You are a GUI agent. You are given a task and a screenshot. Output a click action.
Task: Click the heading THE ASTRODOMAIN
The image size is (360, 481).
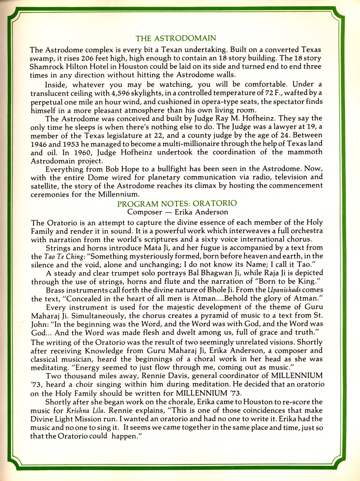click(x=176, y=38)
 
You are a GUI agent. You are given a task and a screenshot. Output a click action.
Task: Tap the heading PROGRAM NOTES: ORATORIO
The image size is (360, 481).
click(x=177, y=204)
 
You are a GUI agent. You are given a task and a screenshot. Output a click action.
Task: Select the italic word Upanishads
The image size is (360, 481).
click(x=285, y=290)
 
